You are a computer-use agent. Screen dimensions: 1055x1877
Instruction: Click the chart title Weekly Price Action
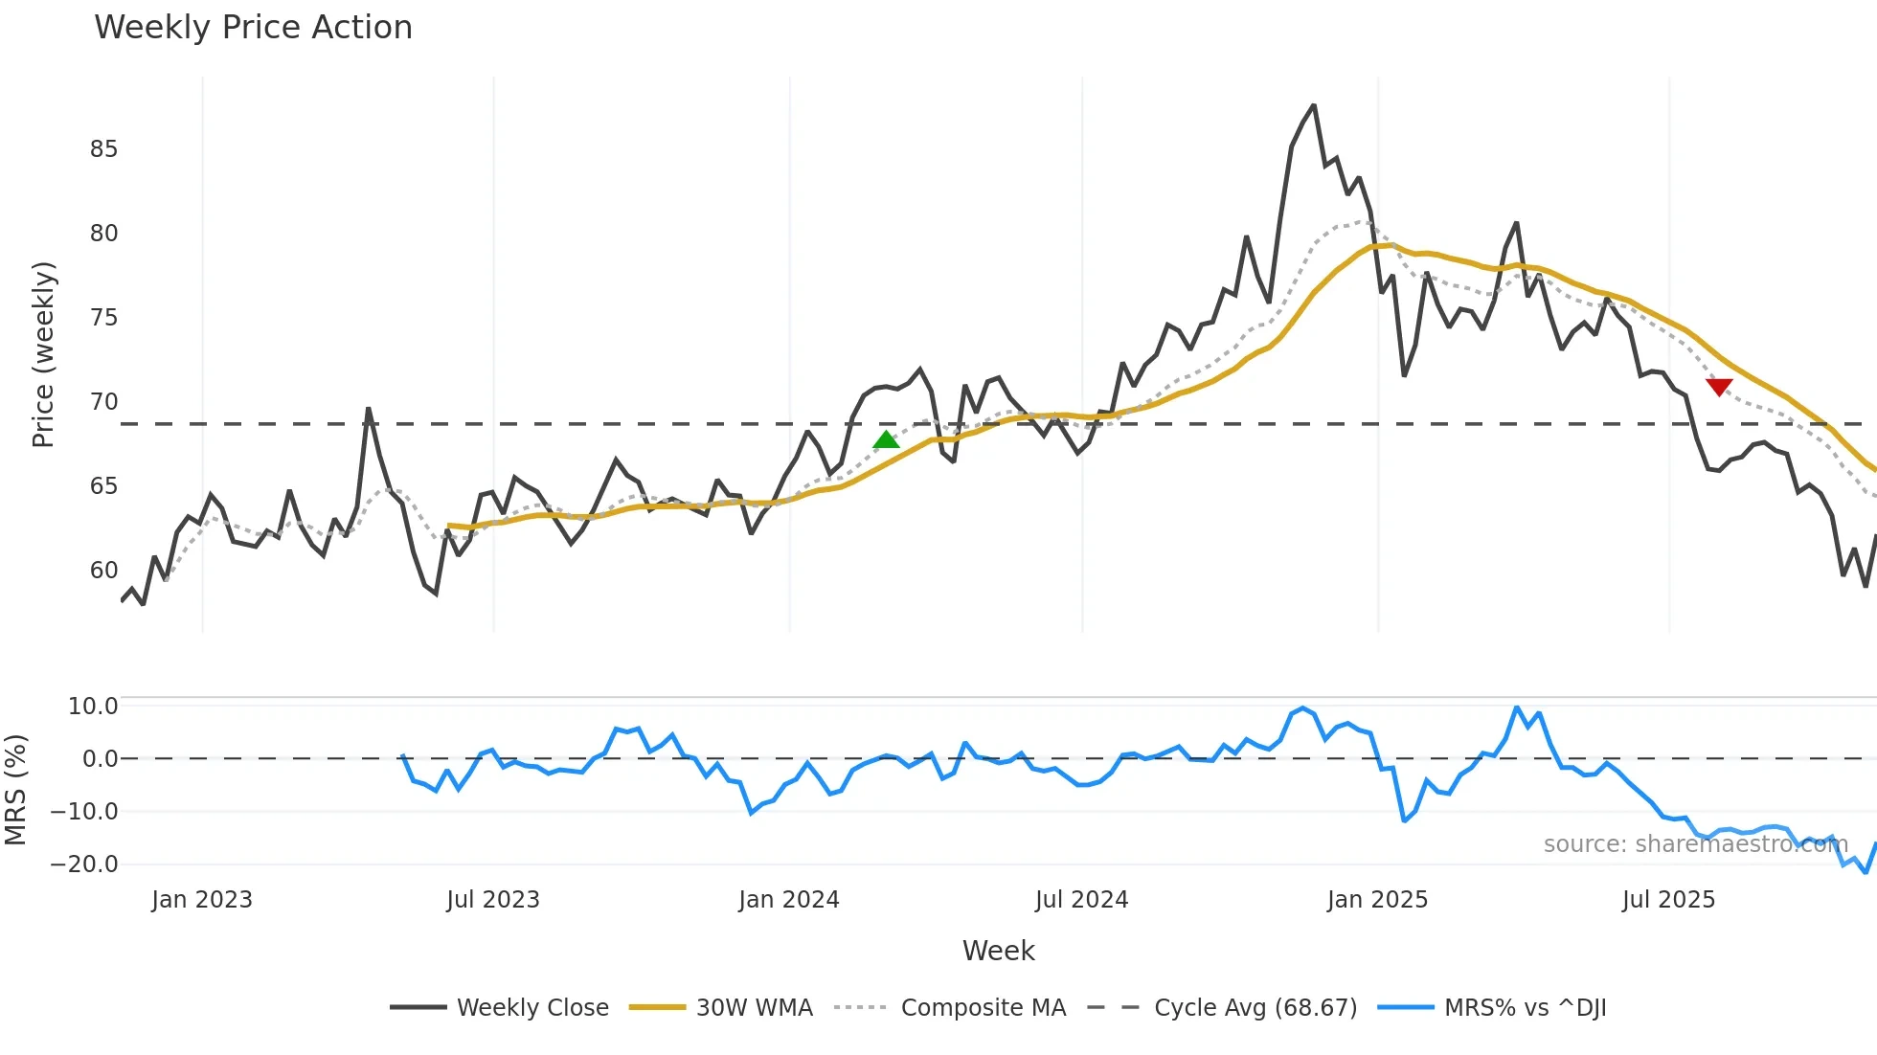pyautogui.click(x=253, y=28)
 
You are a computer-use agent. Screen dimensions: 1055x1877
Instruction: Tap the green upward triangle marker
pyautogui.click(x=886, y=439)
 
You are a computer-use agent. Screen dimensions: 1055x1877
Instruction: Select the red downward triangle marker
pyautogui.click(x=1719, y=387)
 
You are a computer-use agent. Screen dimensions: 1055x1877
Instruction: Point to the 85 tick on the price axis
pyautogui.click(x=103, y=149)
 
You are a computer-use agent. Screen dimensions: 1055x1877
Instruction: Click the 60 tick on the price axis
pyautogui.click(x=103, y=571)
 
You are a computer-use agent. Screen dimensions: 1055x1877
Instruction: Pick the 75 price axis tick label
pyautogui.click(x=103, y=318)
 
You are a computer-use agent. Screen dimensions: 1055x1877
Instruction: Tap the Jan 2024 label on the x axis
pyautogui.click(x=788, y=900)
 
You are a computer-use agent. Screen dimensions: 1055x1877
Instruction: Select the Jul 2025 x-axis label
pyautogui.click(x=1668, y=900)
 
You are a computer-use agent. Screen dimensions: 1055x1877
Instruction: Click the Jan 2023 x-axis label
pyautogui.click(x=202, y=900)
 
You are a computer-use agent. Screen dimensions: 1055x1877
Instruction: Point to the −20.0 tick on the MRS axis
pyautogui.click(x=84, y=864)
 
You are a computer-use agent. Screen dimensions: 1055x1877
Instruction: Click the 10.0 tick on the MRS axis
pyautogui.click(x=93, y=707)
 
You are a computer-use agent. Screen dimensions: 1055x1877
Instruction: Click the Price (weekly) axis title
pyautogui.click(x=44, y=354)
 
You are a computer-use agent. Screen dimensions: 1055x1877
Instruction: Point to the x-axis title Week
pyautogui.click(x=998, y=951)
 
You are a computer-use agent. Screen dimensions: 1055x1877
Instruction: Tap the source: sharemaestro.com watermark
pyautogui.click(x=1695, y=844)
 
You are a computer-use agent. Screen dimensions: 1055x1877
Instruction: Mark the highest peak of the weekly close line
pyautogui.click(x=1313, y=106)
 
